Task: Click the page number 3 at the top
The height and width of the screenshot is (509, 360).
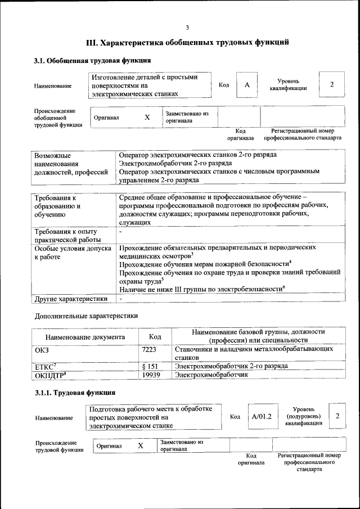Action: (187, 28)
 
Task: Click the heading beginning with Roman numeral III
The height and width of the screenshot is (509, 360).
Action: (187, 42)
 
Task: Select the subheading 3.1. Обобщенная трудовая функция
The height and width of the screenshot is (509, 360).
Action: (92, 60)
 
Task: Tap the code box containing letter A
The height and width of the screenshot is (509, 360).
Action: (246, 85)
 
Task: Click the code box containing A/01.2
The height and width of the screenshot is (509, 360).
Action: (262, 417)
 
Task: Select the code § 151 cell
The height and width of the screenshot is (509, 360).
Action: (150, 366)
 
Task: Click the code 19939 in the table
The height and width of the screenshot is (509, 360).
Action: (152, 375)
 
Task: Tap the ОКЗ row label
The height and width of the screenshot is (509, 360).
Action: (42, 349)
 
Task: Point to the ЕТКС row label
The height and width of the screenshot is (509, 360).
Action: (47, 366)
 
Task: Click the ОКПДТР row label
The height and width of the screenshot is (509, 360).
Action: (51, 375)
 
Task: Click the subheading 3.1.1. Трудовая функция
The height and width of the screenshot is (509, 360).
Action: (75, 393)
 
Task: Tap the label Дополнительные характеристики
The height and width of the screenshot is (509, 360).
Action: (86, 317)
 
